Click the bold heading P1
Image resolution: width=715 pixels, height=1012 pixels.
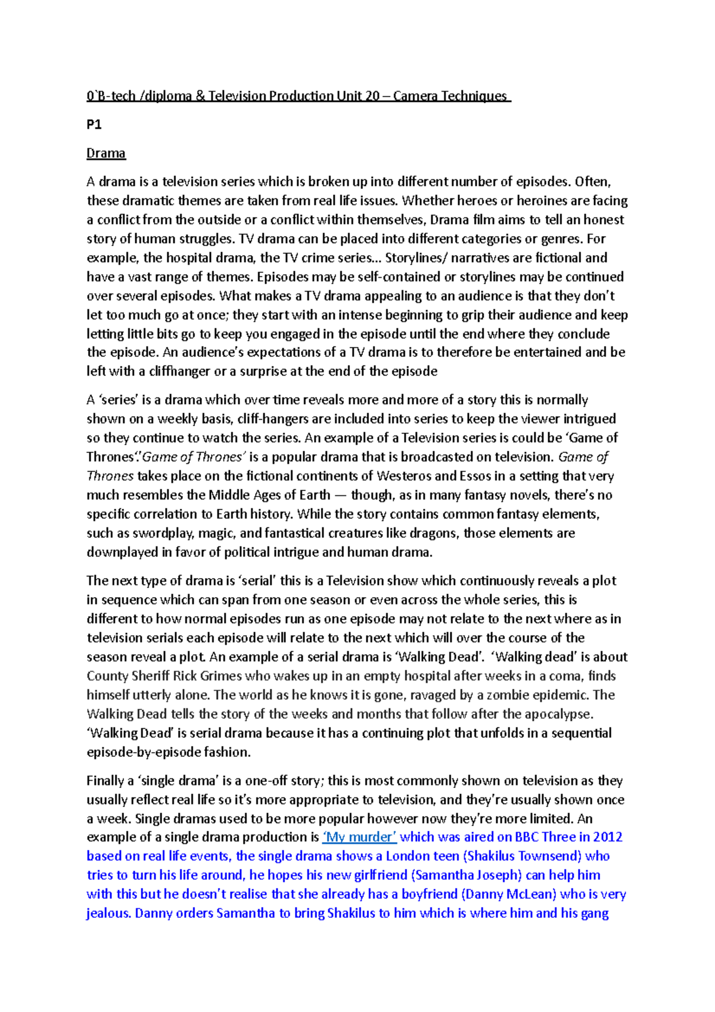click(94, 125)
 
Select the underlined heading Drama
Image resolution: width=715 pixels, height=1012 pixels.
click(106, 153)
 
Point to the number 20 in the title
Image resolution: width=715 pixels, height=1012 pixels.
click(372, 96)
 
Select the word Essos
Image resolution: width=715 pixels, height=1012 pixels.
click(477, 476)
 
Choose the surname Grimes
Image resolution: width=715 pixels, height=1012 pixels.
click(218, 676)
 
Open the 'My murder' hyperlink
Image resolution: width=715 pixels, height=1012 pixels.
click(359, 837)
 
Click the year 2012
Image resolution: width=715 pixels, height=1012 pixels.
click(608, 837)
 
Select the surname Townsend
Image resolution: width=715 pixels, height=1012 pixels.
click(549, 856)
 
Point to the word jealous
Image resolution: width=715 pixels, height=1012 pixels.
click(108, 914)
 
